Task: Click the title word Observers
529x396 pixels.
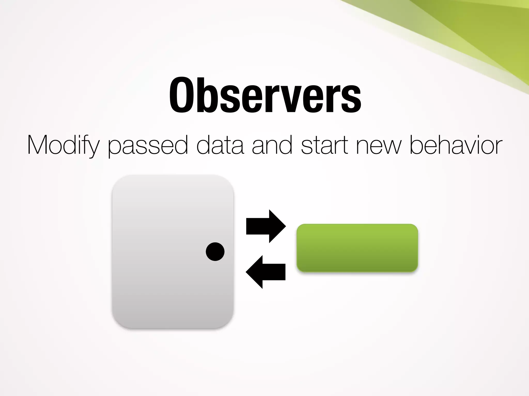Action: click(265, 95)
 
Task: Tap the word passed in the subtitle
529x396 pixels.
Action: click(148, 146)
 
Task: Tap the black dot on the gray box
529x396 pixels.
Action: click(215, 252)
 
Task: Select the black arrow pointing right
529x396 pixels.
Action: click(266, 226)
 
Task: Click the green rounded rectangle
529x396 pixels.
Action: click(357, 248)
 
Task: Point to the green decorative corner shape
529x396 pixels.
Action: click(478, 34)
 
